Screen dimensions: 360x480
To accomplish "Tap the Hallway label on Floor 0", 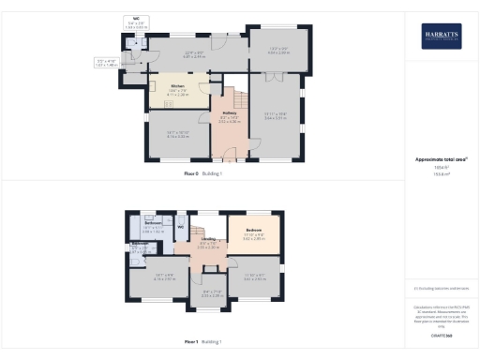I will point(229,114).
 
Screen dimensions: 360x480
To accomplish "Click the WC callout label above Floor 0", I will point(136,19).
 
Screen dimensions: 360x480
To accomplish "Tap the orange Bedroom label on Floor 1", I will point(253,230).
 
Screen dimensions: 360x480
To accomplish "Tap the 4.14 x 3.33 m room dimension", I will point(169,137).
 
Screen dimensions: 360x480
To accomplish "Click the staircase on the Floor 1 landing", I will point(200,228).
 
